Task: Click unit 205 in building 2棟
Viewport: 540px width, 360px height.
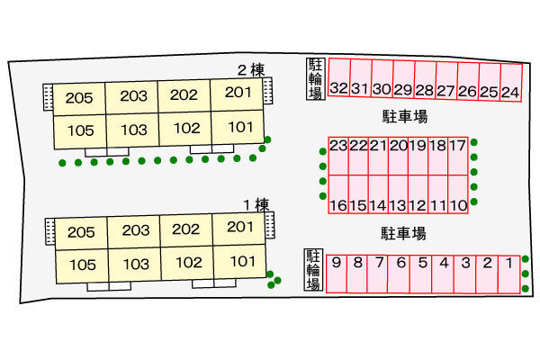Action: pos(79,99)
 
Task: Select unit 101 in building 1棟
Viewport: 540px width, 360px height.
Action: pos(239,262)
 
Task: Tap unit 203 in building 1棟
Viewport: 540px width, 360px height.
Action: pos(134,231)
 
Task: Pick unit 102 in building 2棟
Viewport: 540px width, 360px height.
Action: pos(185,129)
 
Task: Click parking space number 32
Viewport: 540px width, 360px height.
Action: pos(339,77)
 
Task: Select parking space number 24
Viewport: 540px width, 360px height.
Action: pos(511,83)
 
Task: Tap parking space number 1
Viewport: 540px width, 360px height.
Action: pos(509,274)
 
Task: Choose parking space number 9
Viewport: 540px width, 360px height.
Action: pos(337,274)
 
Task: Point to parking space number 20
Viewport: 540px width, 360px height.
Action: pos(399,156)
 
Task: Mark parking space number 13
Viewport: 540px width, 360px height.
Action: pos(398,194)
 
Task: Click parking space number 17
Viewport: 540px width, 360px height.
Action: pos(458,156)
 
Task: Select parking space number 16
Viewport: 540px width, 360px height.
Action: pos(338,194)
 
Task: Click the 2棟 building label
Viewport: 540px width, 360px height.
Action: pos(251,70)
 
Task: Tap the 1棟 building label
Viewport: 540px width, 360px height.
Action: pos(256,205)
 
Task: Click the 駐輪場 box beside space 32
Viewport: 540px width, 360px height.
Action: pos(316,79)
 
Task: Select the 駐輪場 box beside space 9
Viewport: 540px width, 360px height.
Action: pos(313,270)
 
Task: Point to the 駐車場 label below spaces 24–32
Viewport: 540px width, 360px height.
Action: pos(405,116)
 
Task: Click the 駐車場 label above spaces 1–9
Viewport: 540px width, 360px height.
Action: pos(403,233)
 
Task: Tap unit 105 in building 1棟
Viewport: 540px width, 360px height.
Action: pos(82,266)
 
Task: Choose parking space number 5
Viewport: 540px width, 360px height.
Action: pos(420,274)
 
